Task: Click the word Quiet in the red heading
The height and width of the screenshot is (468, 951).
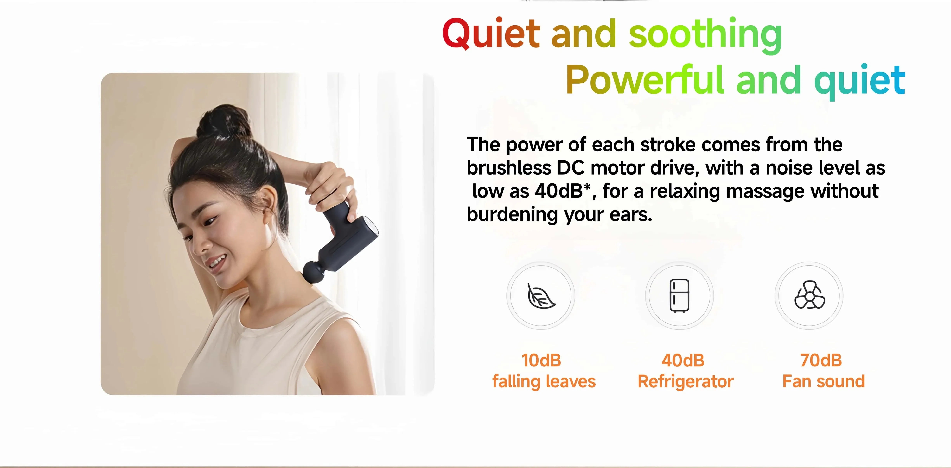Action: click(x=491, y=34)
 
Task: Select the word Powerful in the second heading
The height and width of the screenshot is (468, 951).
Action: click(x=644, y=80)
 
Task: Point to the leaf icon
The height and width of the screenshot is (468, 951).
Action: click(x=541, y=296)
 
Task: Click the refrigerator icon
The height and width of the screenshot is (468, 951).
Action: click(x=679, y=296)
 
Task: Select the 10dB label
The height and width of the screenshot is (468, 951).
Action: click(x=541, y=360)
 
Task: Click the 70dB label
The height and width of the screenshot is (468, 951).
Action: click(x=821, y=360)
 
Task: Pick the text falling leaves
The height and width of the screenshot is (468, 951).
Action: click(x=544, y=382)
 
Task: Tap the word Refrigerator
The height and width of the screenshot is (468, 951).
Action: click(x=686, y=382)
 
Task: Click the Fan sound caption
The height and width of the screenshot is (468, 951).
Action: click(x=824, y=382)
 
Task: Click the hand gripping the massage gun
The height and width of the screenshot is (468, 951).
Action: click(x=332, y=184)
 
